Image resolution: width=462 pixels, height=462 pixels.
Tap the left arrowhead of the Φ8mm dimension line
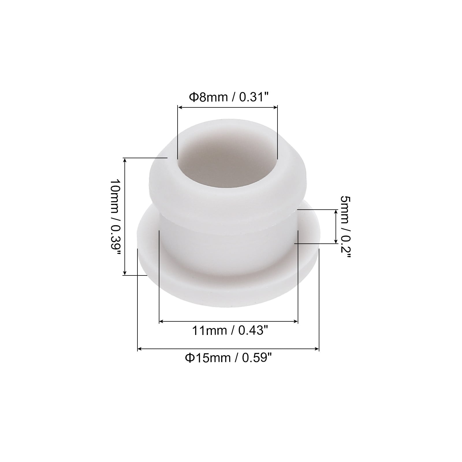coord(180,107)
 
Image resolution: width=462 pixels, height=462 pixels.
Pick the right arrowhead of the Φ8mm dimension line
coord(275,107)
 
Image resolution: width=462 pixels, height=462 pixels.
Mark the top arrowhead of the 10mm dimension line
coord(125,160)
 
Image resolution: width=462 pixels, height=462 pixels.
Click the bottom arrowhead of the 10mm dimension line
coord(125,273)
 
